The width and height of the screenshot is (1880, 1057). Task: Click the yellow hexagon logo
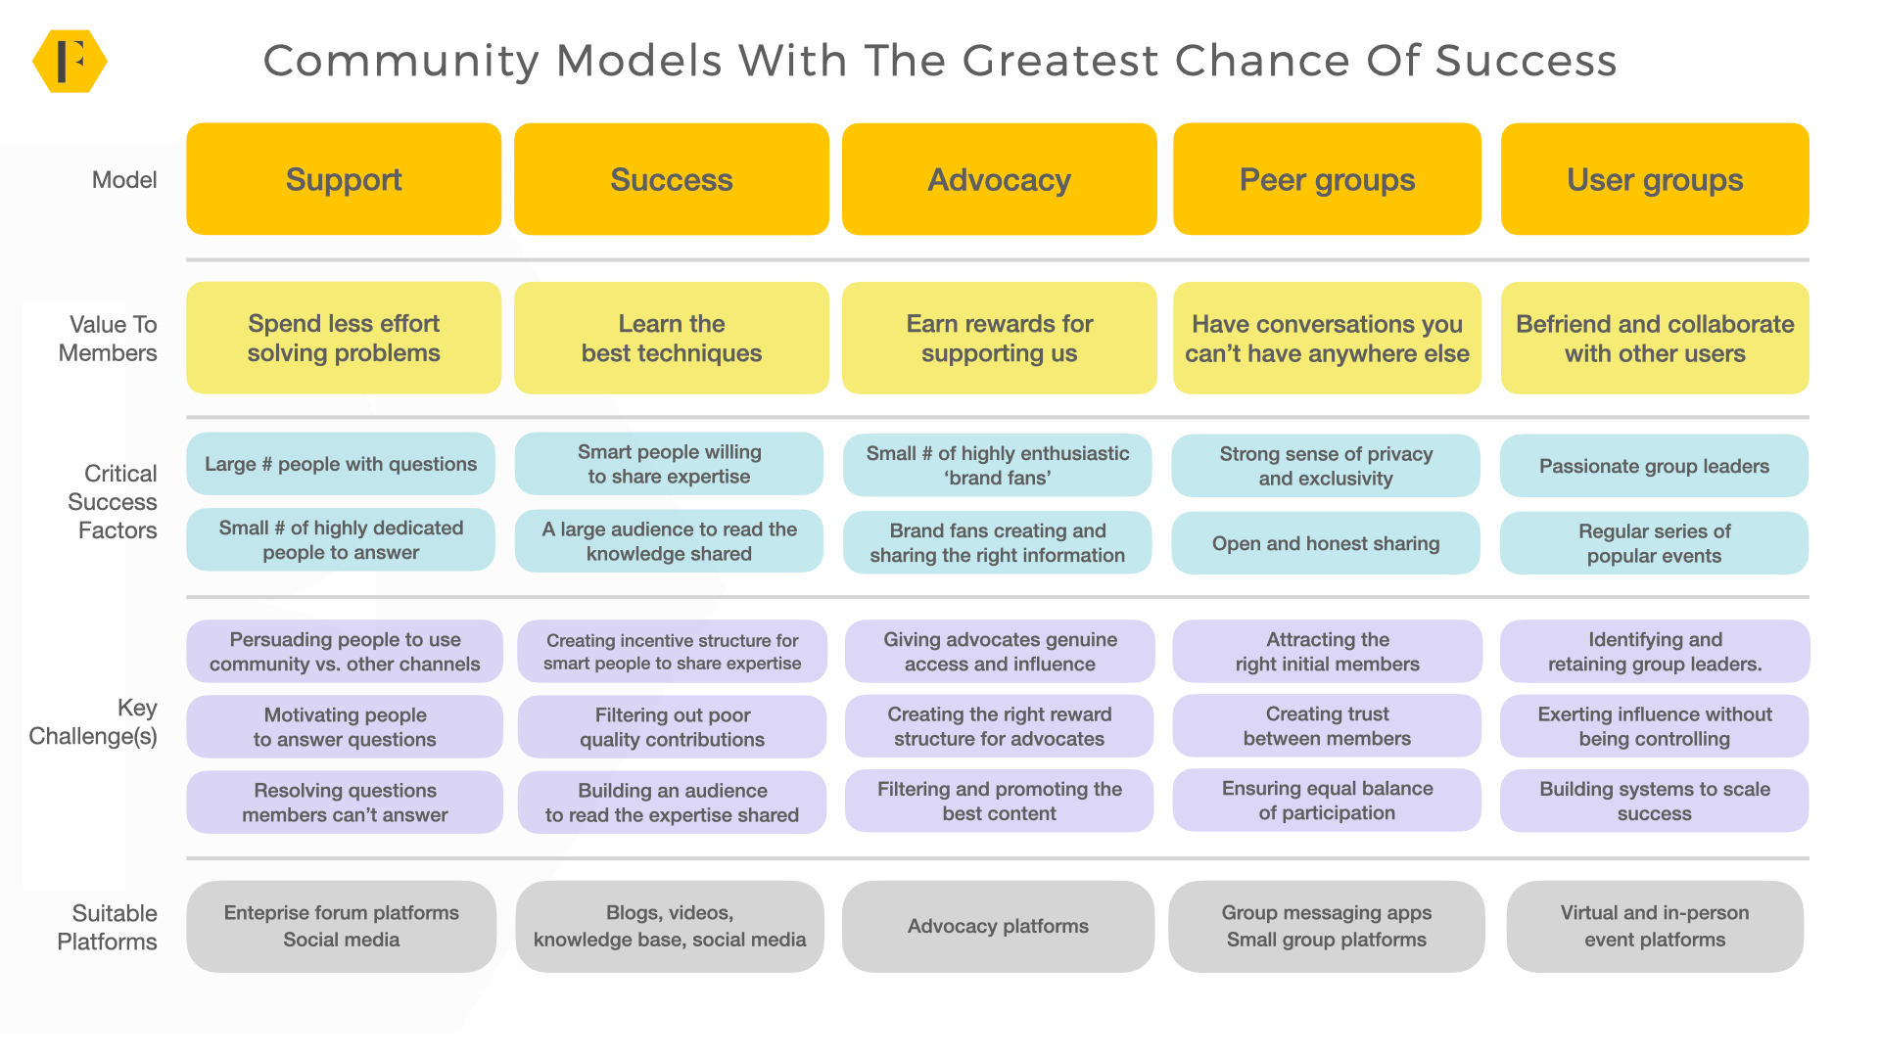[x=70, y=61]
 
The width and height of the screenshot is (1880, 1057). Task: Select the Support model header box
[x=344, y=179]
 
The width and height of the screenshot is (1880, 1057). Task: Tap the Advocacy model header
[x=999, y=179]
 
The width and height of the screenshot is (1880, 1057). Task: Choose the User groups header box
[x=1655, y=179]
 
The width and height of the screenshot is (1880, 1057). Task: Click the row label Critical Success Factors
[x=114, y=502]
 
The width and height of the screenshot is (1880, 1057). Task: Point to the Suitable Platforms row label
[x=109, y=927]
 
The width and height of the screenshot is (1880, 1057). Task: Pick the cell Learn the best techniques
[x=672, y=338]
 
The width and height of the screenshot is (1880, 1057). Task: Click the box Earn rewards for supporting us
[x=999, y=338]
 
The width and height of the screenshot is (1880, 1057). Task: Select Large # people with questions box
[x=341, y=464]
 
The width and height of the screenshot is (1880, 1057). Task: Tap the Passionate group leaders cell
[x=1654, y=466]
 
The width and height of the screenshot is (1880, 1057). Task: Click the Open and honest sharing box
[x=1326, y=543]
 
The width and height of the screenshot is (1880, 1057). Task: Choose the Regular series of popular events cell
[x=1654, y=543]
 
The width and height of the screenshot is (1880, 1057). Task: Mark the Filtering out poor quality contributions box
[x=672, y=727]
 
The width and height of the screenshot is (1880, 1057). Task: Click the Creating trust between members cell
[x=1327, y=726]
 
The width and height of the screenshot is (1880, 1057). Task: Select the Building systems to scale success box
[x=1654, y=801]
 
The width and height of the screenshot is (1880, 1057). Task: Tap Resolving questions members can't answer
[x=345, y=803]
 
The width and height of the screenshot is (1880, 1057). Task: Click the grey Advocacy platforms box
[x=998, y=926]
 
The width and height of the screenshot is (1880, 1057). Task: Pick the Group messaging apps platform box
[x=1326, y=926]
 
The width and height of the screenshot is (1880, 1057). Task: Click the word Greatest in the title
[x=1060, y=61]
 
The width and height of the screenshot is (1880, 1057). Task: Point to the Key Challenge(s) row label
[x=96, y=721]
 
